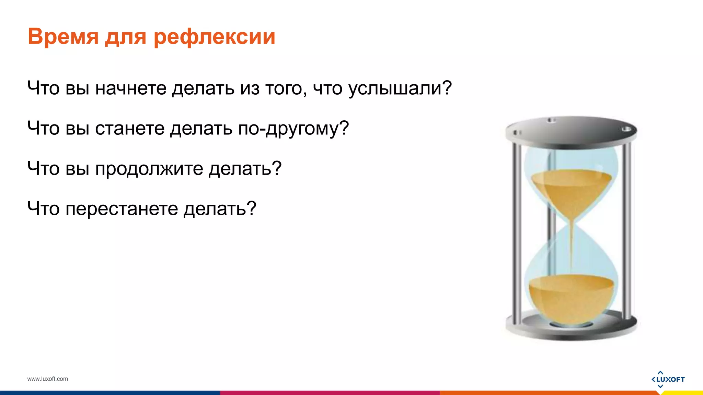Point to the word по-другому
coord(293,129)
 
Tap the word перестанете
coord(122,208)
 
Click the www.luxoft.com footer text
coord(48,379)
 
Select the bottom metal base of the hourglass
coord(571,329)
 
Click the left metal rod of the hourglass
coord(516,230)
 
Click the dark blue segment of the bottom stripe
coord(110,393)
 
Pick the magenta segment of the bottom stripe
coord(330,393)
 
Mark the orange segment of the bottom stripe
coord(549,393)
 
